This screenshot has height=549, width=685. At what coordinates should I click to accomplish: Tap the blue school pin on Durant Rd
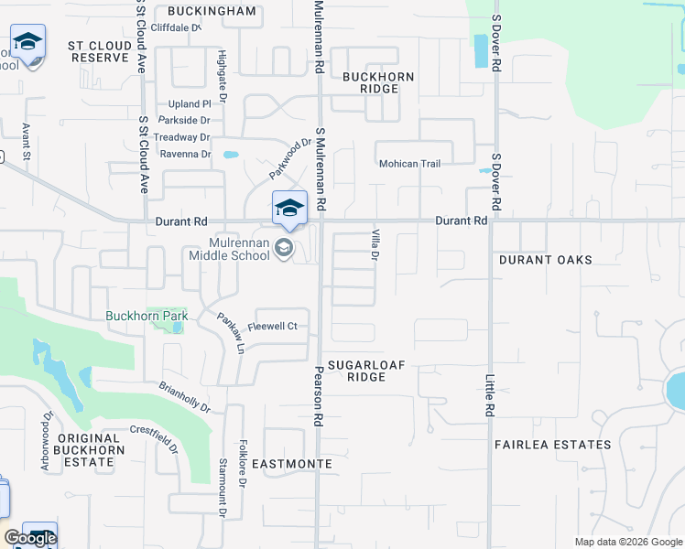(x=289, y=209)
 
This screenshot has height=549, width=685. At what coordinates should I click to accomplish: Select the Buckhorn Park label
(x=147, y=317)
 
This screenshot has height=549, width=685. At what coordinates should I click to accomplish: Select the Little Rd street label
(x=490, y=395)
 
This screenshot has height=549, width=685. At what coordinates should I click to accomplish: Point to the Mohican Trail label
(x=410, y=164)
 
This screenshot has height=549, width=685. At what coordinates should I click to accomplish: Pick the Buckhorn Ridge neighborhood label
(x=378, y=82)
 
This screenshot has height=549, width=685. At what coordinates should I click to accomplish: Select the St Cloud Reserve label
(x=99, y=51)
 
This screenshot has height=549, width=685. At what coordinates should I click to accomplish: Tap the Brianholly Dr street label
(x=184, y=397)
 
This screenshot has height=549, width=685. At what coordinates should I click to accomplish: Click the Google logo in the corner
(x=30, y=538)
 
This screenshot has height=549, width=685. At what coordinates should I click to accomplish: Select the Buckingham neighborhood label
(x=212, y=11)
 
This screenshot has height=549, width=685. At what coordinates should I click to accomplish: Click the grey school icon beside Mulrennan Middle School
(x=284, y=247)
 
